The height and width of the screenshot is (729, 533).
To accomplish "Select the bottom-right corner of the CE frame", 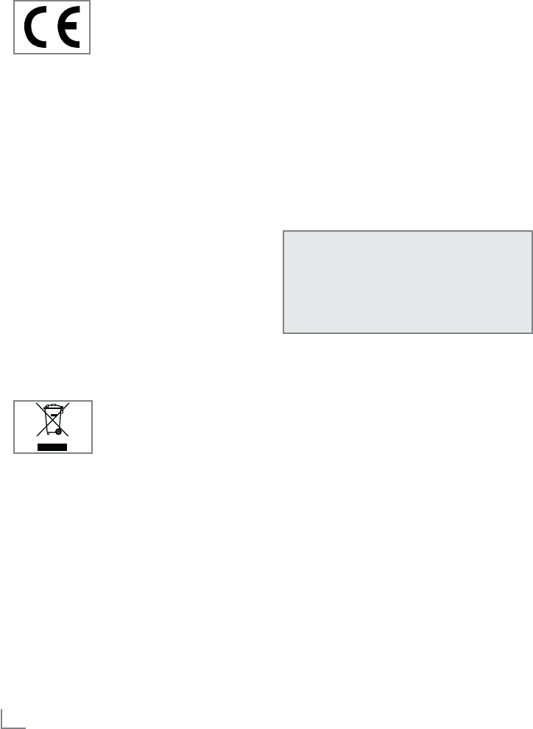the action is [90, 54].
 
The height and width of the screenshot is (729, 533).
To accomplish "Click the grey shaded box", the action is [407, 282].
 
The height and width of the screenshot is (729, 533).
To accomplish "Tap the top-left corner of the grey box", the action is [283, 232].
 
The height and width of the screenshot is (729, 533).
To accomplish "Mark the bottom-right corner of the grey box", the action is [532, 333].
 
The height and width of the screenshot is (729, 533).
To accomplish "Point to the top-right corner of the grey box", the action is [532, 232].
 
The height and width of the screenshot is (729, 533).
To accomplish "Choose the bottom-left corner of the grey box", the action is [283, 333].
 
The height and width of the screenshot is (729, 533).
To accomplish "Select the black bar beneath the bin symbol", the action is [53, 446].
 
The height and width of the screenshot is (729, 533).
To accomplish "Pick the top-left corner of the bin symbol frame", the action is [14, 401].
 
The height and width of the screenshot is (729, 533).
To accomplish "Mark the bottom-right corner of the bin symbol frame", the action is [93, 452].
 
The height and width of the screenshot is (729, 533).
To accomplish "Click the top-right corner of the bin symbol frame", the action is [93, 401].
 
